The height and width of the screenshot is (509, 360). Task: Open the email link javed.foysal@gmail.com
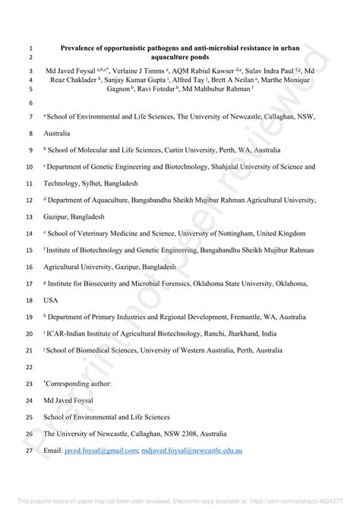coord(100,451)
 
